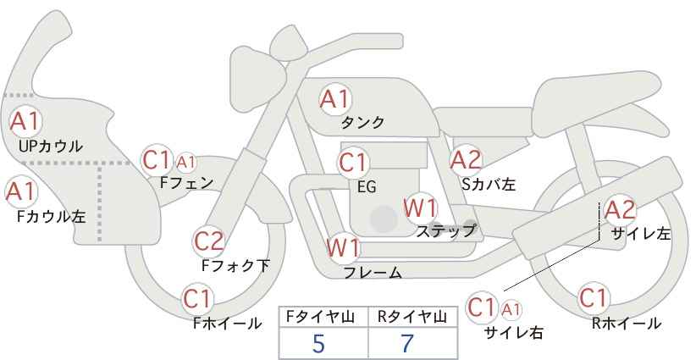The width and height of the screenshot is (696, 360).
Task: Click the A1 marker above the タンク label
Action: [335, 99]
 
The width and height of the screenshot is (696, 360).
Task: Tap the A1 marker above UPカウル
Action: [25, 121]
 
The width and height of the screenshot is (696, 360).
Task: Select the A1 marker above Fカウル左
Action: [21, 192]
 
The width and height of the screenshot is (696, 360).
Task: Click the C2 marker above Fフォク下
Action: [209, 242]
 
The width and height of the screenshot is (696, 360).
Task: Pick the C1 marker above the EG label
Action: [353, 163]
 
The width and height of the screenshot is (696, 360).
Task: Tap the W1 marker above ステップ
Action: [420, 208]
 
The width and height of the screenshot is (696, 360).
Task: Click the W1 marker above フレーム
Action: [343, 248]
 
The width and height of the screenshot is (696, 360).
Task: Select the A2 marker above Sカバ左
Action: [466, 160]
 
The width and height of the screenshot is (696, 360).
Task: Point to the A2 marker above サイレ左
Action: [621, 210]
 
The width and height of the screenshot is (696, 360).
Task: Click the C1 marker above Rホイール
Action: [593, 298]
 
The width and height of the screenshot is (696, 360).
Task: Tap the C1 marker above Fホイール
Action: [198, 299]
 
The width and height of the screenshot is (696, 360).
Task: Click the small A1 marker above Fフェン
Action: [186, 163]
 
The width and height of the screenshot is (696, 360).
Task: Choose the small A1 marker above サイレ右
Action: [511, 310]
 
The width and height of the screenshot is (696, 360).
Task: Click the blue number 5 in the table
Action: [318, 344]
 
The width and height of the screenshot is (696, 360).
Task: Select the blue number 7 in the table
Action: [407, 344]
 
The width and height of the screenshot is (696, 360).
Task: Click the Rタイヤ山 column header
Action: [412, 317]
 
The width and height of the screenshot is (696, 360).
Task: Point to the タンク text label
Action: [362, 122]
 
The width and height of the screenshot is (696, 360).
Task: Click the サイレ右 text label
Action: [514, 332]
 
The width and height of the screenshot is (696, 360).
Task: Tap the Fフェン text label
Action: [186, 183]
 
